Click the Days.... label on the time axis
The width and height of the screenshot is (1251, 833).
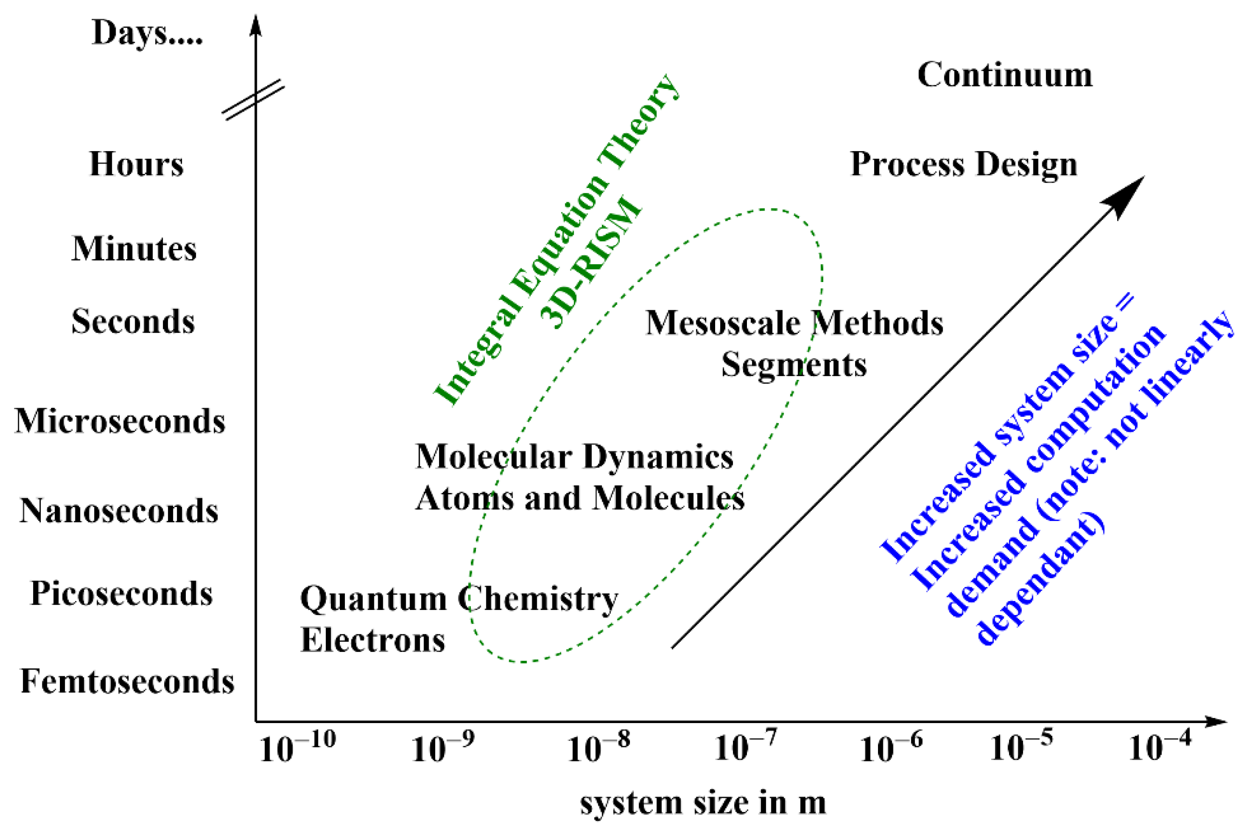tap(146, 33)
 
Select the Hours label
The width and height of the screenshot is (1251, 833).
tap(136, 164)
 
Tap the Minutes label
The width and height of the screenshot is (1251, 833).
tap(134, 249)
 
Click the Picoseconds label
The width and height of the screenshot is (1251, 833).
tap(121, 594)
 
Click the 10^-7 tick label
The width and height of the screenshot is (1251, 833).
tap(745, 746)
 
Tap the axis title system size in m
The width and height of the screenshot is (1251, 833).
tap(702, 803)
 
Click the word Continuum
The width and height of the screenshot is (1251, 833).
tap(1004, 74)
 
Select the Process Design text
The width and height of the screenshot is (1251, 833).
tap(964, 164)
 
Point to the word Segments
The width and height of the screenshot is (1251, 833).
tap(793, 365)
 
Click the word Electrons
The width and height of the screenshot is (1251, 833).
tap(373, 640)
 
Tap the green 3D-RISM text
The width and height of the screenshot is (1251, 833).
tap(590, 263)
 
